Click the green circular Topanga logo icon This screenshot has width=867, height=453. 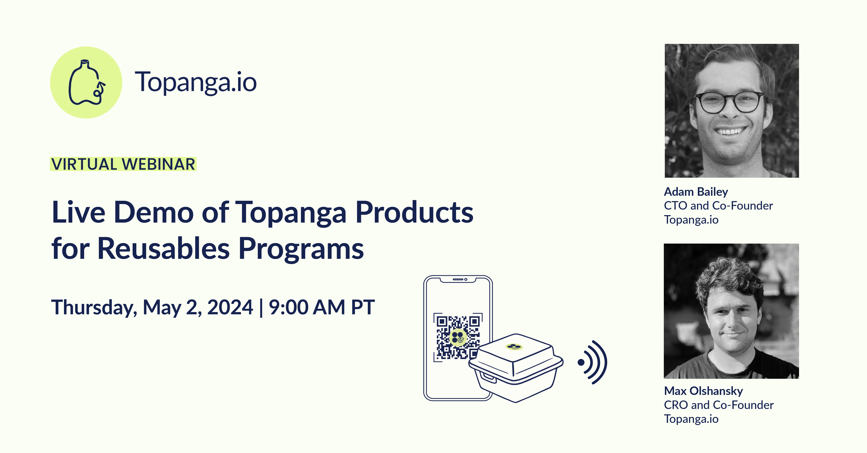pyautogui.click(x=86, y=83)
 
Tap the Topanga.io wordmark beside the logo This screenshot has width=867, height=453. pyautogui.click(x=196, y=83)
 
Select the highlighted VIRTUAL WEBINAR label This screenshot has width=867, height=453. pyautogui.click(x=123, y=164)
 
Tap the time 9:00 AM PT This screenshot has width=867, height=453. pyautogui.click(x=321, y=307)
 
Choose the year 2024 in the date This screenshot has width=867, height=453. pyautogui.click(x=230, y=307)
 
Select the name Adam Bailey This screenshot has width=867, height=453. pyautogui.click(x=696, y=192)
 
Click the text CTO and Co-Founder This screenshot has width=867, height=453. pyautogui.click(x=718, y=206)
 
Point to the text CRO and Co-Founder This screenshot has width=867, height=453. pyautogui.click(x=719, y=405)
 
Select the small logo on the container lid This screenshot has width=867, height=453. pyautogui.click(x=514, y=346)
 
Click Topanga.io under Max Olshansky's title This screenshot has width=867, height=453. pyautogui.click(x=691, y=419)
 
